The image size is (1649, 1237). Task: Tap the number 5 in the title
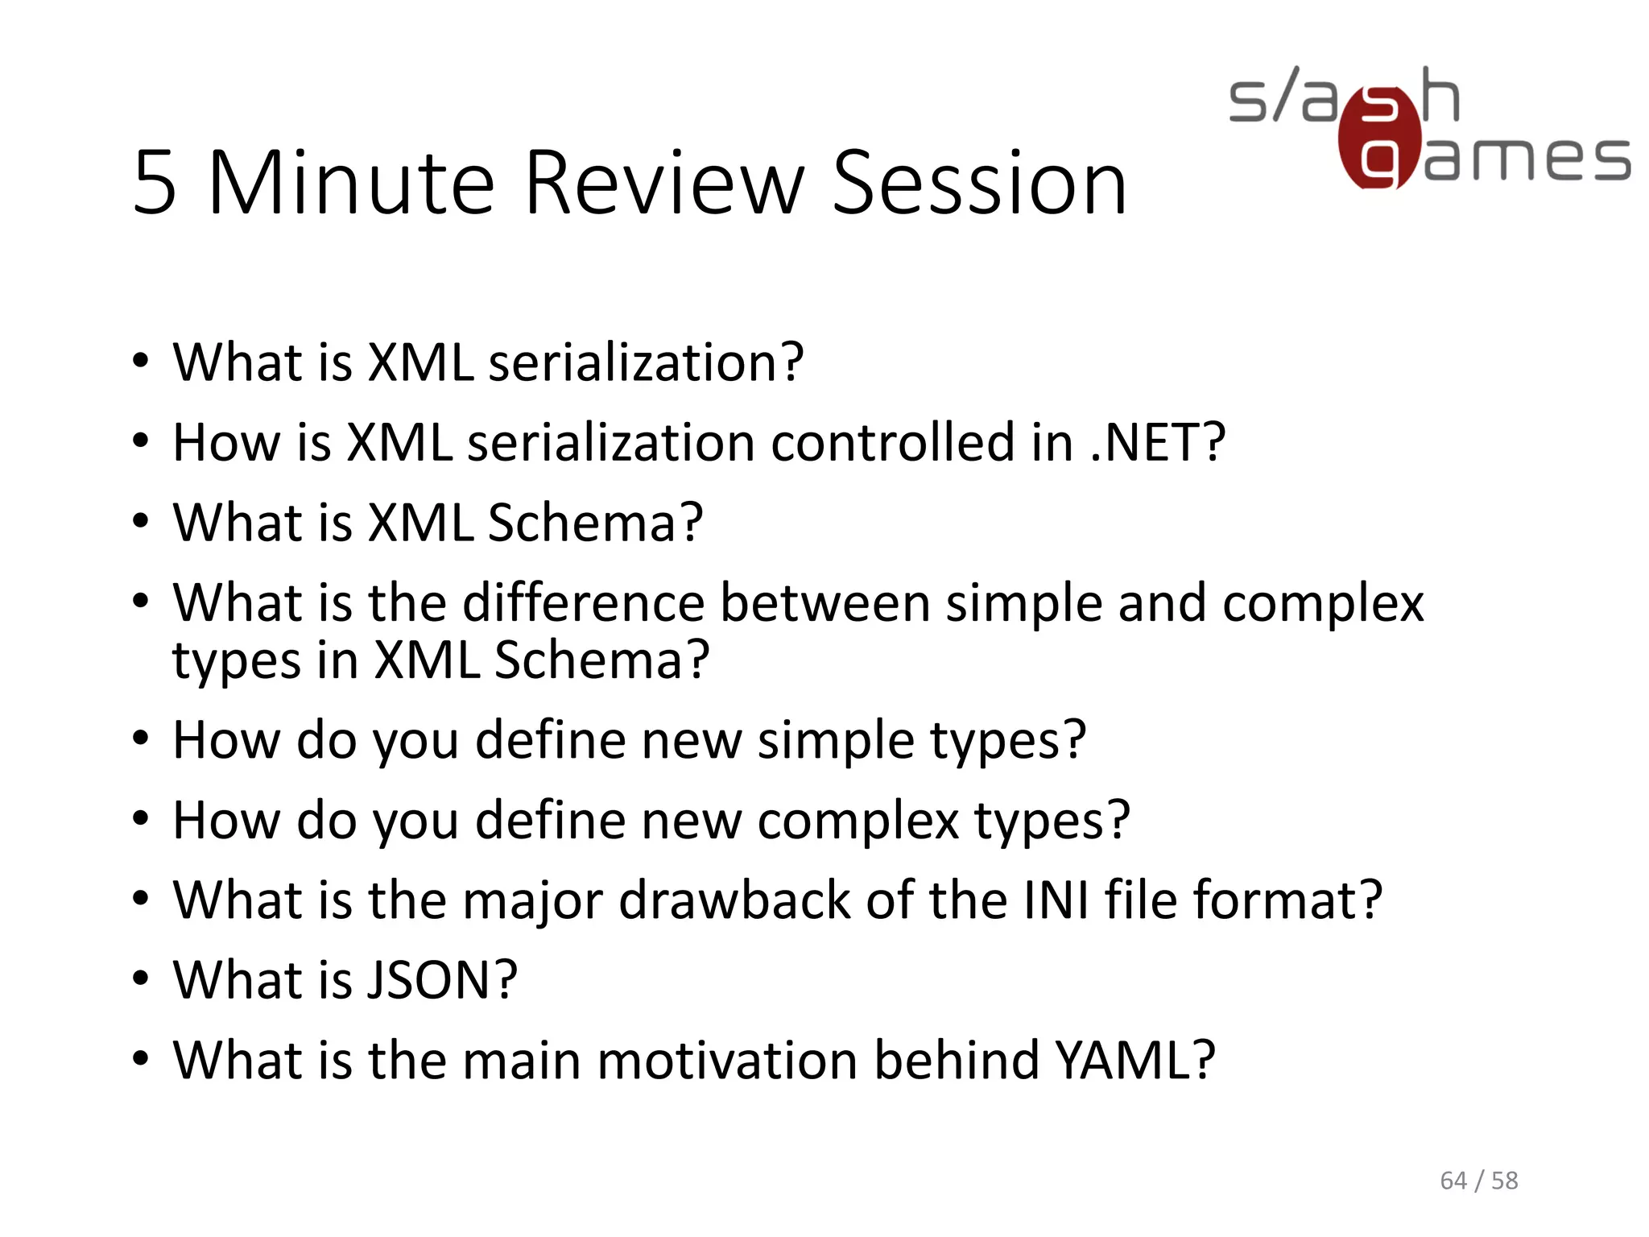tap(155, 184)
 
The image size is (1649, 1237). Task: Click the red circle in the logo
tap(1379, 139)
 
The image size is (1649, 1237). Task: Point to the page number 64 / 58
tap(1478, 1181)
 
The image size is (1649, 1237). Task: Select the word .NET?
tap(1157, 442)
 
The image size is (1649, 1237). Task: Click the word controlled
tap(893, 442)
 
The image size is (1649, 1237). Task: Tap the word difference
tap(584, 602)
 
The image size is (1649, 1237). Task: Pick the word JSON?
tap(441, 980)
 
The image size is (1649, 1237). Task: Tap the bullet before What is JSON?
tap(141, 978)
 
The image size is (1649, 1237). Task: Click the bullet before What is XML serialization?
tap(141, 361)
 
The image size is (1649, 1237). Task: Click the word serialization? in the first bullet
tap(646, 362)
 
